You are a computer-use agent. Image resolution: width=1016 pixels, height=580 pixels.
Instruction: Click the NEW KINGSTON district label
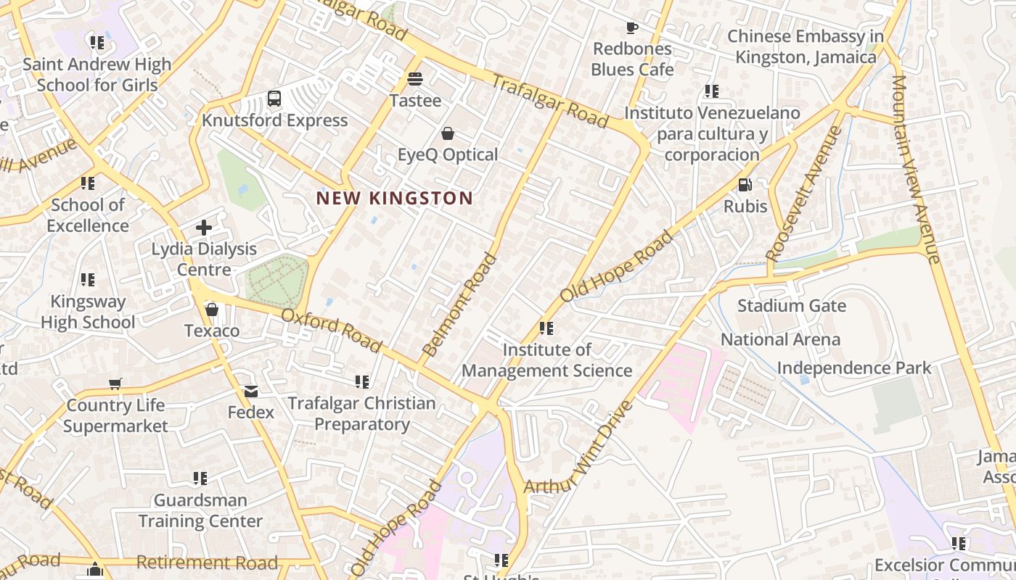(x=394, y=198)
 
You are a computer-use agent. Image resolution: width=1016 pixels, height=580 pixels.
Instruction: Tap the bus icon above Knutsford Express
(x=274, y=99)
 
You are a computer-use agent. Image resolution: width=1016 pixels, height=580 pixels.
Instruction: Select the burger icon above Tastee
(x=415, y=78)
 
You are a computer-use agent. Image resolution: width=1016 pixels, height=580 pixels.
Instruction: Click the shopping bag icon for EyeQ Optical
(x=448, y=133)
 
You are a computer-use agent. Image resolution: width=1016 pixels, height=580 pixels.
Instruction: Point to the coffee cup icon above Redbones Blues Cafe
(x=632, y=28)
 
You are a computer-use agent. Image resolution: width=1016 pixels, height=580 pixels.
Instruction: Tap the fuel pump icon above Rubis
(x=745, y=186)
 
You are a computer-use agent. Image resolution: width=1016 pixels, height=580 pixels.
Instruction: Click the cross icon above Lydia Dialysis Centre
(x=204, y=228)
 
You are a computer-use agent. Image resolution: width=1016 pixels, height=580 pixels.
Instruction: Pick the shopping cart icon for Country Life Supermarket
(x=115, y=384)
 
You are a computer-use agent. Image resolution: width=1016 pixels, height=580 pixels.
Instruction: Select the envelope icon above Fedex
(x=251, y=391)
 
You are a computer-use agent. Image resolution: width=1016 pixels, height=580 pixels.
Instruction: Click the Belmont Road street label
(x=459, y=304)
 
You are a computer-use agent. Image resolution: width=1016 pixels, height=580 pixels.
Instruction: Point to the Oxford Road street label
(x=331, y=331)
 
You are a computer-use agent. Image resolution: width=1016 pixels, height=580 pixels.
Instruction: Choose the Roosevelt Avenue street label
(x=803, y=194)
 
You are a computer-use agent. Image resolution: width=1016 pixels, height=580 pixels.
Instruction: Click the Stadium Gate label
(x=791, y=305)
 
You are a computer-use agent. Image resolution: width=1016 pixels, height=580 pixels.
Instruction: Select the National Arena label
(x=780, y=339)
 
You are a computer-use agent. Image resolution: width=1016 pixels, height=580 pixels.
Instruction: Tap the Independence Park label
(x=853, y=368)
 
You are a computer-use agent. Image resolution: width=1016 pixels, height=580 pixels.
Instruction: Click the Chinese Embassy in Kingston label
(x=806, y=46)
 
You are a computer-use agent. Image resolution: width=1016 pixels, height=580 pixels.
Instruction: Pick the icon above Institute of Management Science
(x=546, y=328)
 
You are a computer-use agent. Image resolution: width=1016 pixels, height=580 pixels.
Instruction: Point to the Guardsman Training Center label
(x=200, y=510)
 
